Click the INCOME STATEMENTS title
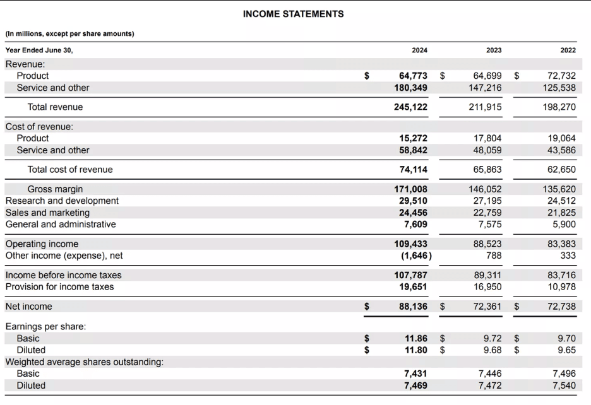294,14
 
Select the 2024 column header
419,50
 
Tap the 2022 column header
567,50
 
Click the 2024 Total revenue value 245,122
410,107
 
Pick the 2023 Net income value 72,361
485,307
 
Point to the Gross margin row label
55,189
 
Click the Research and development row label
62,201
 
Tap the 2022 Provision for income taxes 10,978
559,287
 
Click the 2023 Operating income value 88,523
487,244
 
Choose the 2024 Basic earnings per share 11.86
416,339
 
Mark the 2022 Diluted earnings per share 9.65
565,350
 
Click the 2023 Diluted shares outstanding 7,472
490,385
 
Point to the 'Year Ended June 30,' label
39,50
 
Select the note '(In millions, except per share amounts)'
69,33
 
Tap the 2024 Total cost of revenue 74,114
413,170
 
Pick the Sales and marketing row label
47,213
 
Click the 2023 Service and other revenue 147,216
485,88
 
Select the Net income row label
29,307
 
